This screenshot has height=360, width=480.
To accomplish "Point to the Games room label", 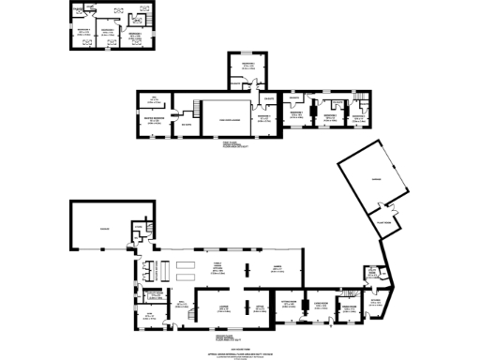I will [277, 267].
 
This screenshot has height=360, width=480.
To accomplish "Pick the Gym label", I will [147, 316].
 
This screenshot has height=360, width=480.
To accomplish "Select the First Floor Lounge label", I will [224, 119].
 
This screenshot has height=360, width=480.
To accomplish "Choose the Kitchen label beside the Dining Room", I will [374, 302].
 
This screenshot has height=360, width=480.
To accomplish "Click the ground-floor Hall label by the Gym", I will [179, 305].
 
